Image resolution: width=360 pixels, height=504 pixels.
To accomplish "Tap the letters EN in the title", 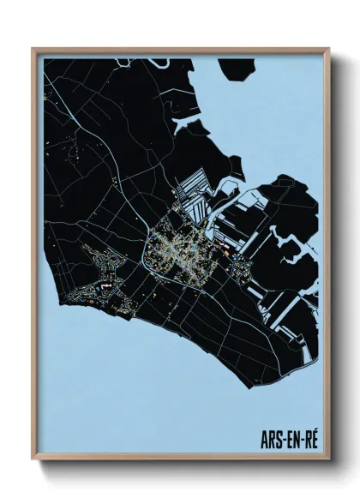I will [293, 439].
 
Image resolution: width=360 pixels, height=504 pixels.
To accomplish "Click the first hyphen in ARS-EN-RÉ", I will [283, 440].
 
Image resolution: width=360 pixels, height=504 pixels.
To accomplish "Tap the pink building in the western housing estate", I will [103, 281].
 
